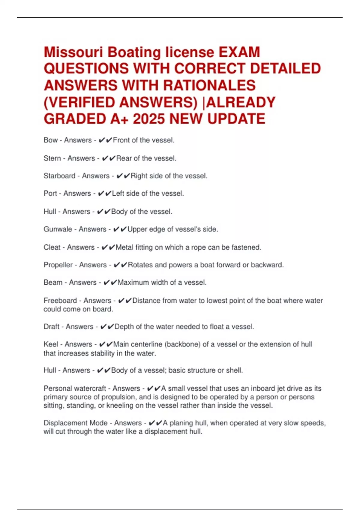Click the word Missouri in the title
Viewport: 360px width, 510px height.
(73, 52)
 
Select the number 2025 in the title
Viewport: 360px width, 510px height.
(149, 119)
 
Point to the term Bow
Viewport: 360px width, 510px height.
(50, 140)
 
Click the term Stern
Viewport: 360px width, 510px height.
(52, 158)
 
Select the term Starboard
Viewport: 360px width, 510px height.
(59, 176)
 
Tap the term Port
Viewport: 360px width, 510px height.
(50, 193)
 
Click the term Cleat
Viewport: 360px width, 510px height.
(52, 247)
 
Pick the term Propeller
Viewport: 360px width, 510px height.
(58, 265)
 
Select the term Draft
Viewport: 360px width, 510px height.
(51, 327)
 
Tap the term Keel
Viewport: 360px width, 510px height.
(51, 344)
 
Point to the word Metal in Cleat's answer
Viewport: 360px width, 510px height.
(124, 247)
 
